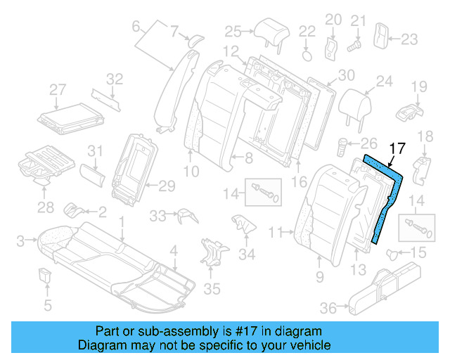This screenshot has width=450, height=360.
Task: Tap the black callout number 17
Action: (397, 148)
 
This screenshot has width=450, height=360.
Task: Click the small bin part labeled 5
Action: (46, 275)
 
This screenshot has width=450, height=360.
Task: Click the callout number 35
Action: (212, 288)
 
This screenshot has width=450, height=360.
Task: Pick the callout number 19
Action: (419, 86)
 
